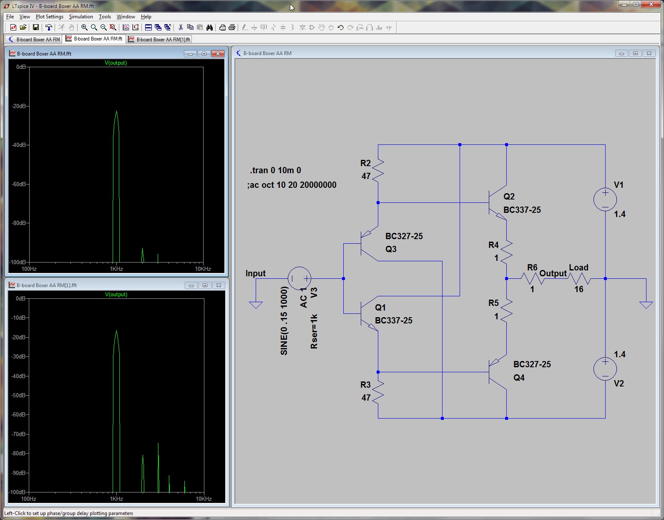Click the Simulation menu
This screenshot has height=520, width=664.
point(80,17)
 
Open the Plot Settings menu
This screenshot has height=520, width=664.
point(50,17)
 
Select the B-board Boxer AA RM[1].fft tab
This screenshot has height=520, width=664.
point(159,39)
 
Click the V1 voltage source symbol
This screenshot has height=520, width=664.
point(605,199)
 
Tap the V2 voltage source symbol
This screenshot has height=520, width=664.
point(605,369)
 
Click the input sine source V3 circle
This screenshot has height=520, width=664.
point(299,278)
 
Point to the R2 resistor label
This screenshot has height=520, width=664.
point(365,163)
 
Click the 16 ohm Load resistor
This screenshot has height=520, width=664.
point(579,279)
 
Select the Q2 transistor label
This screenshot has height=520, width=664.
point(509,196)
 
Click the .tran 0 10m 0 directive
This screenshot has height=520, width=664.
point(275,170)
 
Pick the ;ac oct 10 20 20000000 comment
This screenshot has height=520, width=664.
point(292,185)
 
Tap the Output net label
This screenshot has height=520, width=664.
point(553,273)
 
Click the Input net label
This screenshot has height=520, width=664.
point(255,273)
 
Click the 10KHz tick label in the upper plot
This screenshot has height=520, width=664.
point(203,269)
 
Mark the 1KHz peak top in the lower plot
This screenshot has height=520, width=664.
point(116,331)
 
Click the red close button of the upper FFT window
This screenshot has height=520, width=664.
point(218,54)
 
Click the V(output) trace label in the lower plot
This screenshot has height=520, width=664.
point(116,294)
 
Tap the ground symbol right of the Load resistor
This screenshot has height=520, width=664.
point(646,305)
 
